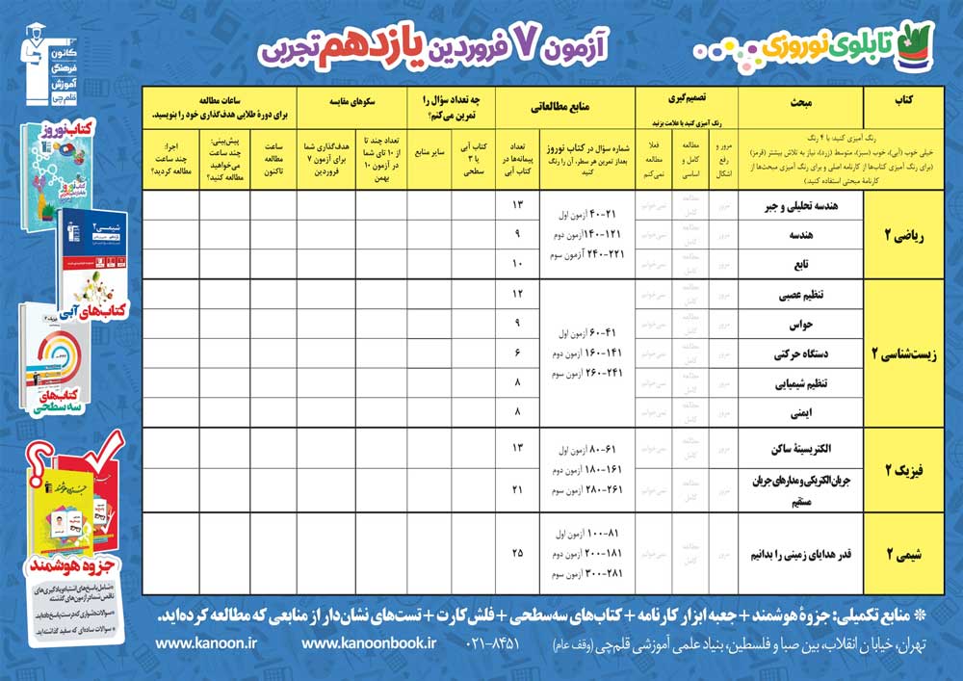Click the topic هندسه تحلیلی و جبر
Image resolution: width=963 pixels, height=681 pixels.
(804, 205)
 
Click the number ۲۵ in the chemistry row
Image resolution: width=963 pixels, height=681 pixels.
(518, 553)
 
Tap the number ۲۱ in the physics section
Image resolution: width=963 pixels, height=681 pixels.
(518, 491)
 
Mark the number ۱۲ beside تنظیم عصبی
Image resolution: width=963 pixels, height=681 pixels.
(518, 294)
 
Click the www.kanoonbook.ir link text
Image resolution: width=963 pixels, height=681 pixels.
(369, 642)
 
